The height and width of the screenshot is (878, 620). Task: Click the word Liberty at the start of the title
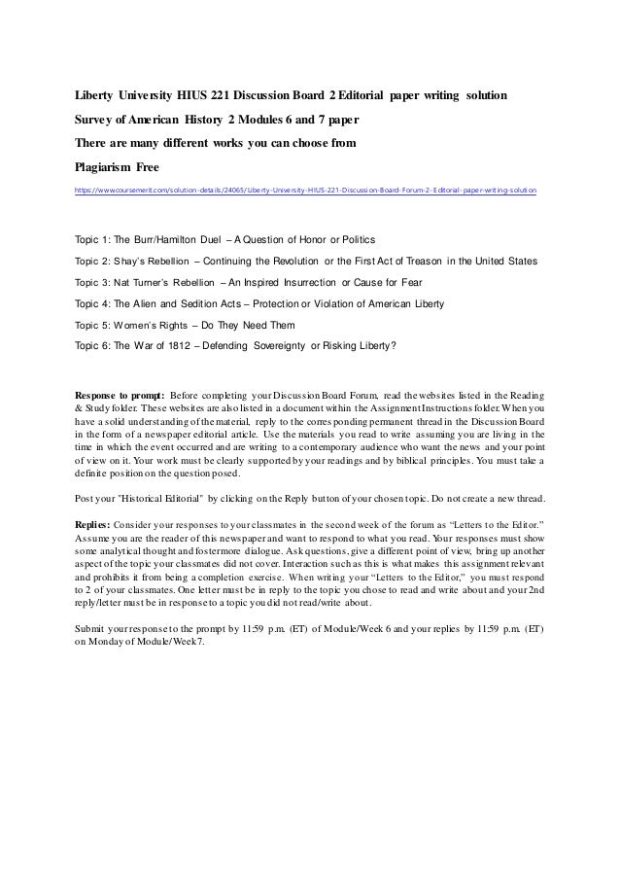(96, 98)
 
